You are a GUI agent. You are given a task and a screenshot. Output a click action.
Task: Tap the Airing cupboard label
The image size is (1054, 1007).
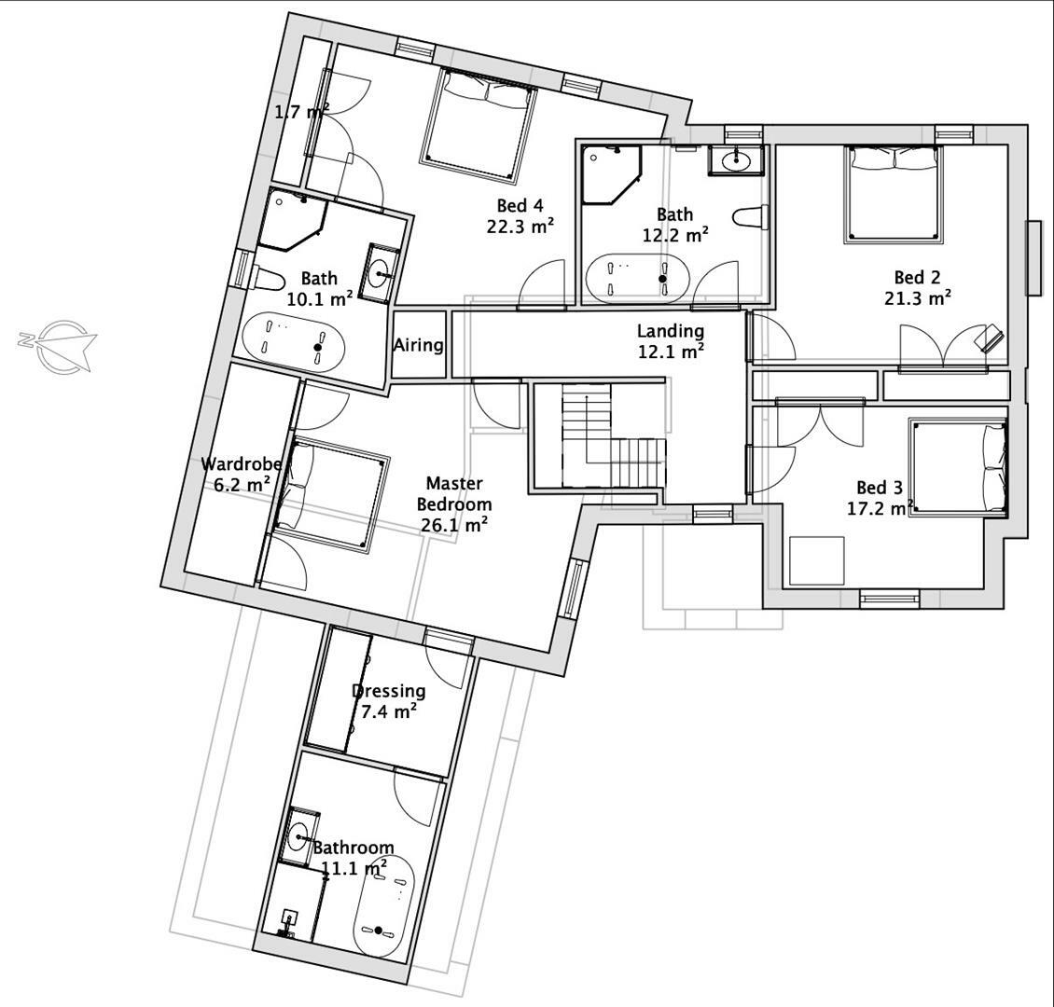click(418, 345)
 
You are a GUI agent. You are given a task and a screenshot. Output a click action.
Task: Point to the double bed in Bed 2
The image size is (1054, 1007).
click(894, 193)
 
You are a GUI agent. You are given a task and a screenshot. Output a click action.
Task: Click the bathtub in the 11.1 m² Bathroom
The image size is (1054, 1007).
click(382, 904)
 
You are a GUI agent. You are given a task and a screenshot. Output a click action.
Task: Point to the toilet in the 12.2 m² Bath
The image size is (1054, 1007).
click(749, 217)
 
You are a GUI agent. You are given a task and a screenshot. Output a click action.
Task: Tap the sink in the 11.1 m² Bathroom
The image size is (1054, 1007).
click(299, 835)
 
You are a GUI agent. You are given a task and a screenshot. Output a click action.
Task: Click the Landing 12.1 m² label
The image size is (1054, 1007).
click(670, 340)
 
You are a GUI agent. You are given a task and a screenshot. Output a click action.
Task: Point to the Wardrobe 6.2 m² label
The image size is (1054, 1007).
click(235, 473)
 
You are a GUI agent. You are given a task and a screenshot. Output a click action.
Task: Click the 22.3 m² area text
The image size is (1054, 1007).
click(520, 226)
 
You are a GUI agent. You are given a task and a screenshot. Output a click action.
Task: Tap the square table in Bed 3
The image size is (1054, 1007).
click(816, 560)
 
